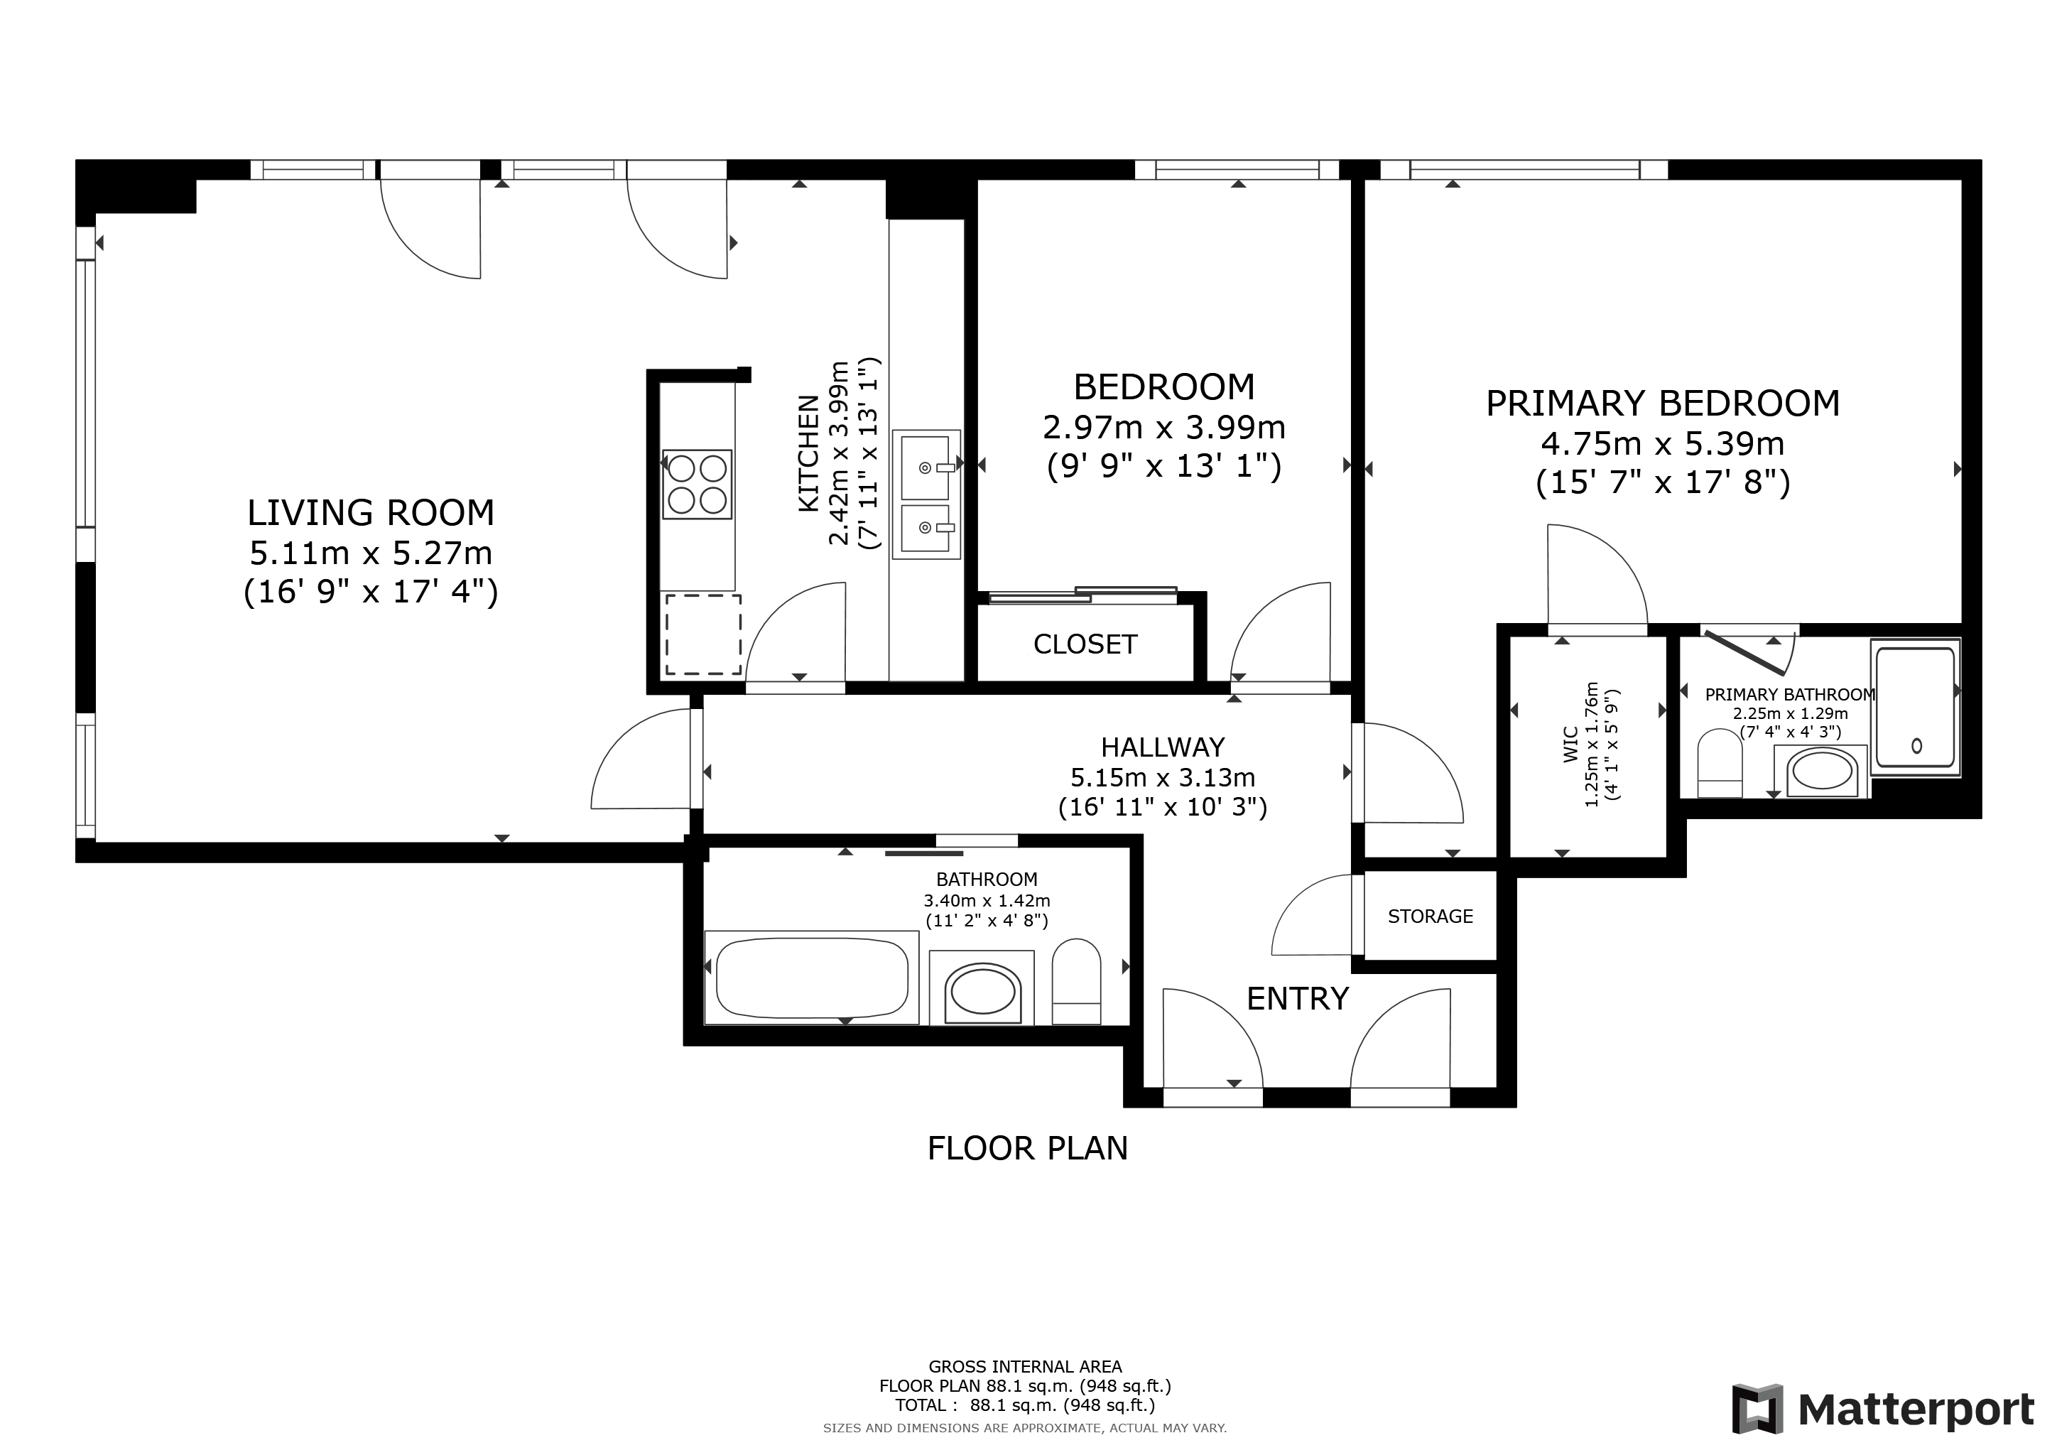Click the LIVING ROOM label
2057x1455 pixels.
tap(371, 512)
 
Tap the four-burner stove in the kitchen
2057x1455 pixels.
tap(697, 485)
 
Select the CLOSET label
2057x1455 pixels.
tap(1085, 644)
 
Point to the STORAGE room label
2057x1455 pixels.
tap(1430, 916)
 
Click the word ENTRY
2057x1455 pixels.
tap(1297, 998)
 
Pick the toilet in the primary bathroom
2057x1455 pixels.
tap(1720, 762)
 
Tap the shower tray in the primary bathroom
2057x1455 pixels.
tap(1916, 707)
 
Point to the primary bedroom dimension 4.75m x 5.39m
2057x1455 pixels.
tap(1663, 443)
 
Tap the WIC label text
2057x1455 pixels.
tap(1570, 745)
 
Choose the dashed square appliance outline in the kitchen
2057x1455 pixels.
tap(702, 634)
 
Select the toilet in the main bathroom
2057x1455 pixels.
tap(1076, 981)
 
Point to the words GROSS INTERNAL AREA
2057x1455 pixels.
tap(1025, 1366)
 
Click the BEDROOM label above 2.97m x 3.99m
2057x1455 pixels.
tap(1163, 387)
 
